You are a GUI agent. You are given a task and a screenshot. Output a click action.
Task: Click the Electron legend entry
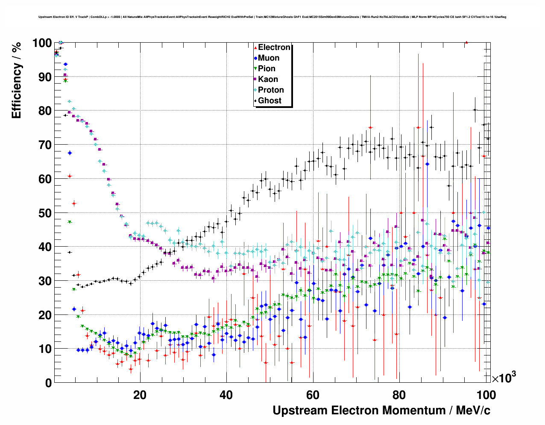tap(274, 47)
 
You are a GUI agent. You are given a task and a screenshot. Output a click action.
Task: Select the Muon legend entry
tap(269, 58)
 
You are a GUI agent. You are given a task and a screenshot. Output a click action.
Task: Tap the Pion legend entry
tap(267, 69)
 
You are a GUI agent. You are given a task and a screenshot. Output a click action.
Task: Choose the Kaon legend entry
tap(268, 79)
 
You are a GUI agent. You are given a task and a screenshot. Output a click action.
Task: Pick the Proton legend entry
tap(271, 90)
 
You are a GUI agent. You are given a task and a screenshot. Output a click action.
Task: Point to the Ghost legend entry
tap(270, 101)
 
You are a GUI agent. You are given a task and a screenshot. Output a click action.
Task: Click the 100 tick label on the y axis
tap(42, 43)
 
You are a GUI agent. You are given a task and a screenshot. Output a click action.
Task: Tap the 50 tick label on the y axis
tap(45, 213)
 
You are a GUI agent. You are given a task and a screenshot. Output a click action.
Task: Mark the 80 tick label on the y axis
tap(45, 111)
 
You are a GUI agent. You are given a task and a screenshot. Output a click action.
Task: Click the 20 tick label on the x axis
tap(140, 395)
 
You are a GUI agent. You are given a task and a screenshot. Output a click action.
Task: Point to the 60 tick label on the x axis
tap(313, 395)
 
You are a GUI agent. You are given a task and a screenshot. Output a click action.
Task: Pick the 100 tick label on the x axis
tap(486, 395)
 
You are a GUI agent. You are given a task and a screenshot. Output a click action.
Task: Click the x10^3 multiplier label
tap(504, 378)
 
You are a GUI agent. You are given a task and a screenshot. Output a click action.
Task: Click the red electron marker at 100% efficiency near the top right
tap(466, 42)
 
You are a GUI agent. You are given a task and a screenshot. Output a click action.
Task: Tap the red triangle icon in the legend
tap(255, 47)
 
